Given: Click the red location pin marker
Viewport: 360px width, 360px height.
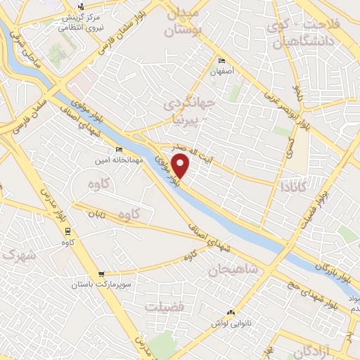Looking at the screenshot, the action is (181, 167).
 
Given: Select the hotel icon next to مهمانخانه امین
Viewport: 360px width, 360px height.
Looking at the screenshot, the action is (118, 150).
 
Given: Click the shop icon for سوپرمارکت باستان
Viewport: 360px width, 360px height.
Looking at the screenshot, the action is (103, 274).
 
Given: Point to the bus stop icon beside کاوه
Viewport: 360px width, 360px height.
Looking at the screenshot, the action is (67, 231).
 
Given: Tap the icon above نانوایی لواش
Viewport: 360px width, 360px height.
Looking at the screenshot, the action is (231, 312).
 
